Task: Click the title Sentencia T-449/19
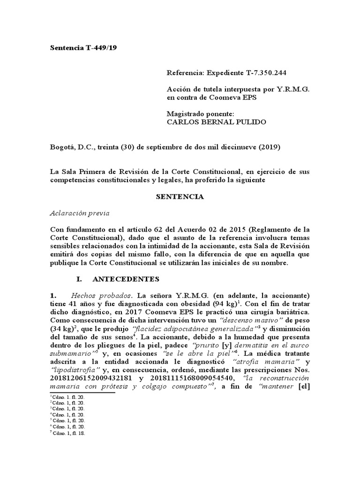point(83,47)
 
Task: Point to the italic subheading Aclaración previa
point(79,213)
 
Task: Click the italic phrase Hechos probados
point(101,296)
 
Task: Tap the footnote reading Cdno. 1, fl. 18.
point(69,433)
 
